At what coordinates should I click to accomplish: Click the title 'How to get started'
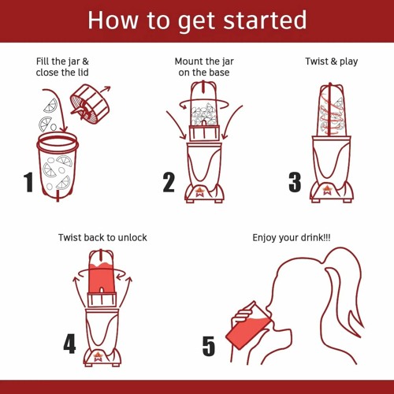196,20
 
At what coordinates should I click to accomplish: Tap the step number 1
29,182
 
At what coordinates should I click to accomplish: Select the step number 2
169,182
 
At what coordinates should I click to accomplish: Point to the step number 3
295,182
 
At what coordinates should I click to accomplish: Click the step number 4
69,344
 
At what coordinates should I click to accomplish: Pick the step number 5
208,345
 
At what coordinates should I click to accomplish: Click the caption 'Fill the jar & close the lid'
63,67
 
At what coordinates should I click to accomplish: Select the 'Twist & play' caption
331,61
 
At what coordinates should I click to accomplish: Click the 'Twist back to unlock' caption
102,237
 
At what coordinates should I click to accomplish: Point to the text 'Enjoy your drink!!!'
292,237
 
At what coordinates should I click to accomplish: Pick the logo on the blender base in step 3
326,191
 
